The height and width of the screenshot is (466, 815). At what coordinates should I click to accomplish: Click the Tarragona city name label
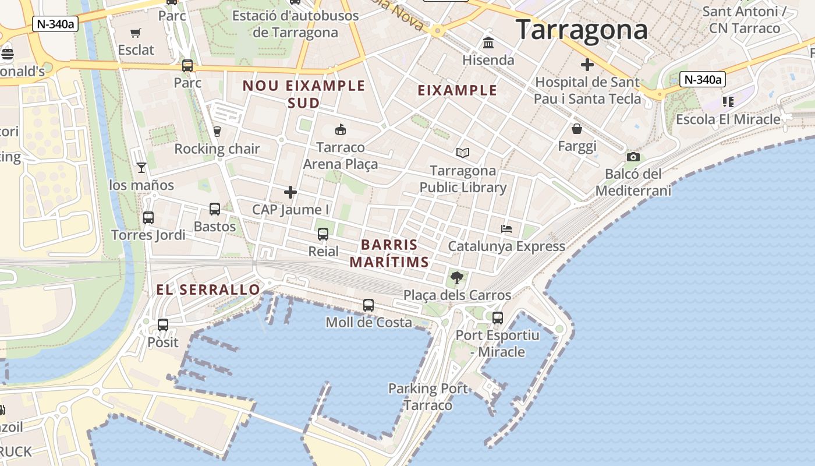tap(582, 30)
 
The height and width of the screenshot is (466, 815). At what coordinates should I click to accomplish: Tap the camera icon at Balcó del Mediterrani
tap(633, 157)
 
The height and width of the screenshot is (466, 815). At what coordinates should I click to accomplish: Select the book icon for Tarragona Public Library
tap(463, 153)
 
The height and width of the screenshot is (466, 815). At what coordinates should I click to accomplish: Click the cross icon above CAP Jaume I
tap(290, 192)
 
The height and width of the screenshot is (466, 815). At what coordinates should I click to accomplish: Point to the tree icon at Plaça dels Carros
tap(457, 277)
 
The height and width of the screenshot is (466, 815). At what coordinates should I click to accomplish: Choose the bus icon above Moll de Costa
tap(368, 305)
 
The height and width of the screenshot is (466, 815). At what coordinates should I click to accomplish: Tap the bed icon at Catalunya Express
tap(506, 229)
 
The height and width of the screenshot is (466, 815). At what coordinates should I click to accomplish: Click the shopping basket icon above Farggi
tap(577, 129)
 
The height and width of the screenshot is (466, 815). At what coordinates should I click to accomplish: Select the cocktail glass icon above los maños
tap(141, 168)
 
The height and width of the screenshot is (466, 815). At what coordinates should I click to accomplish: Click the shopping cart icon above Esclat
tap(136, 33)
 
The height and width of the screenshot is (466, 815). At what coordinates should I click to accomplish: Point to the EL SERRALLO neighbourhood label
tap(208, 290)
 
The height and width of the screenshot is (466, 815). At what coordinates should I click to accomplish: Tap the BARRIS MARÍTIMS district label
tap(389, 253)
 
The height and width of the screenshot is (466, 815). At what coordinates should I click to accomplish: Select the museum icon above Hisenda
tap(488, 43)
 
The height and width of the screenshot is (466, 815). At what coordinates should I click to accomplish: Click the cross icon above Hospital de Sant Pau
tap(587, 64)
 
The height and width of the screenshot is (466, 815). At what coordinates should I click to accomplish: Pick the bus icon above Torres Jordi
tap(148, 218)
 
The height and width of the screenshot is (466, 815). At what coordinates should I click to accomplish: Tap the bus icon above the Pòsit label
tap(163, 324)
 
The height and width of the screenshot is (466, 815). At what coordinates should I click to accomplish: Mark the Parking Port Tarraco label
tap(428, 397)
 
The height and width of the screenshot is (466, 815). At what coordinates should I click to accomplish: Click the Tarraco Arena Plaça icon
tap(341, 129)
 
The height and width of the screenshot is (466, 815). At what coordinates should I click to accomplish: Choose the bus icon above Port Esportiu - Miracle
tap(498, 318)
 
